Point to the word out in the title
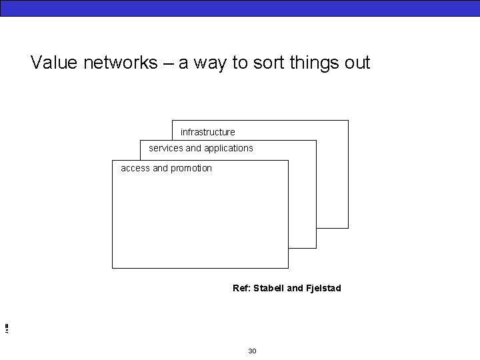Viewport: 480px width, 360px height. pos(357,63)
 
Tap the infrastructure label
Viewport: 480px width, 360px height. pos(208,132)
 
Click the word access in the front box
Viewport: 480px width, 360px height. pos(135,168)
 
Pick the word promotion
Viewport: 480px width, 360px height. pos(191,168)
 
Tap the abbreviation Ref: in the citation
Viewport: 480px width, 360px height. pos(241,288)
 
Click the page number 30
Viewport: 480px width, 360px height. pos(252,351)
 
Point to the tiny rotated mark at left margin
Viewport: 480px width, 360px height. pos(5,327)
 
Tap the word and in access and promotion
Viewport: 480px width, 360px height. pos(161,168)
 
